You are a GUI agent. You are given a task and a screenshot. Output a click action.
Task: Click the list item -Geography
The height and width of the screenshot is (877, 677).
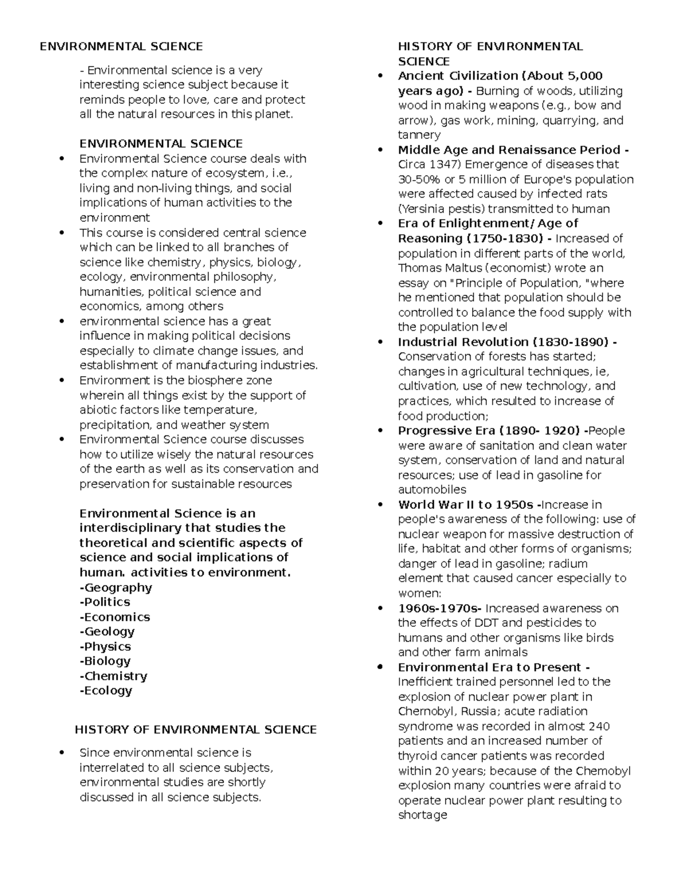116,587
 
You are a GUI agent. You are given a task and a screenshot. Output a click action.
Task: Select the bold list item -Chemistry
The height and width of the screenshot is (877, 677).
113,676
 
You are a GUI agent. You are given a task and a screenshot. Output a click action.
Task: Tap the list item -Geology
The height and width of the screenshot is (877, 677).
107,631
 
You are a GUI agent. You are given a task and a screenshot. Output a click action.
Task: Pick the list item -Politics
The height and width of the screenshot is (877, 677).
105,602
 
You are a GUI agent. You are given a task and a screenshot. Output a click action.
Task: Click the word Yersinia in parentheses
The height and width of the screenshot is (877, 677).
423,209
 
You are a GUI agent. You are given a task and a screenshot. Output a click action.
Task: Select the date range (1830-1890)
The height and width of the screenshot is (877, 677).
570,342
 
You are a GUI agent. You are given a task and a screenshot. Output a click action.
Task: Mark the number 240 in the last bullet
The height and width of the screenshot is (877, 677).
599,726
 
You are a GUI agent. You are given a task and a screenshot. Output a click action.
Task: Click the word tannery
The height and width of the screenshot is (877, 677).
419,135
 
